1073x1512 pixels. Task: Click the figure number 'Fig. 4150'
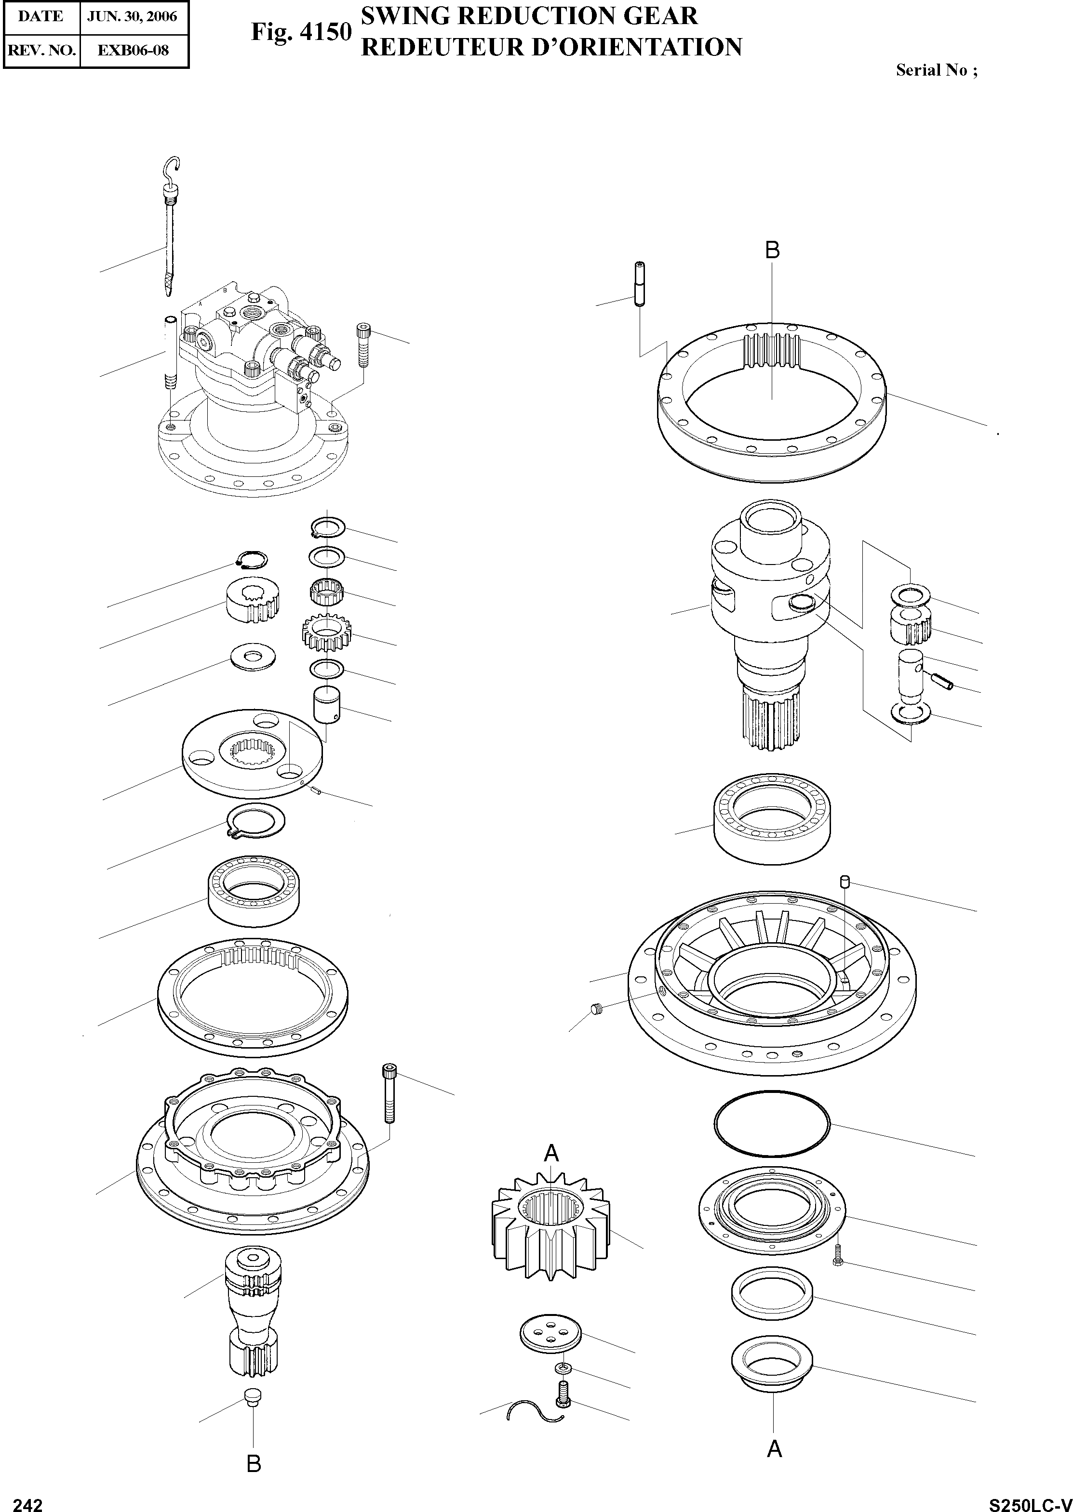click(301, 32)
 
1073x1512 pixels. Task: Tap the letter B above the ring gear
click(772, 250)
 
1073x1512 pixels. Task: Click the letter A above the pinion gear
click(551, 1154)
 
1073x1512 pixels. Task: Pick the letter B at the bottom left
click(254, 1464)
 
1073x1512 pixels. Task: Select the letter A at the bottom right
click(774, 1449)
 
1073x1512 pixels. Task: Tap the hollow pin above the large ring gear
click(640, 284)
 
